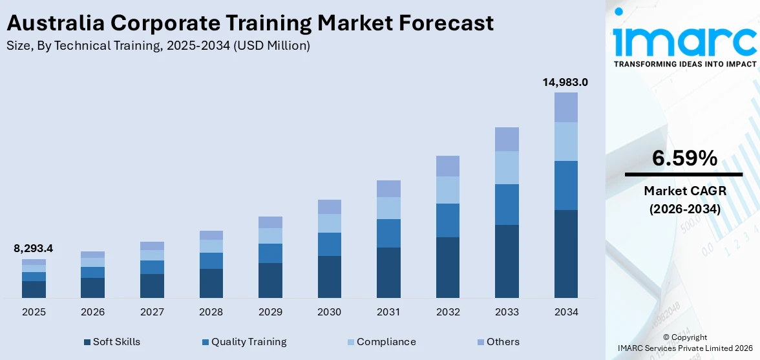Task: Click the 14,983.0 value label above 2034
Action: [565, 82]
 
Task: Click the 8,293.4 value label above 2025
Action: [34, 248]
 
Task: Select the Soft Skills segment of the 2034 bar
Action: [565, 253]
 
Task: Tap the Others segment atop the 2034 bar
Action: [565, 107]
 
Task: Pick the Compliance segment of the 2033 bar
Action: [507, 167]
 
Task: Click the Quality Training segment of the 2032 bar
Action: [447, 220]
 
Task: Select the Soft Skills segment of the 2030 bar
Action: [329, 277]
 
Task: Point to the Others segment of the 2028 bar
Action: [211, 235]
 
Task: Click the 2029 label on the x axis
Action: [270, 312]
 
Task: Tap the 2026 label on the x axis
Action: [92, 312]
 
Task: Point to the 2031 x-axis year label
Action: [388, 312]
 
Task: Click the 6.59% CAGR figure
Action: [684, 158]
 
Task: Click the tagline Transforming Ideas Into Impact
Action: [684, 64]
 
